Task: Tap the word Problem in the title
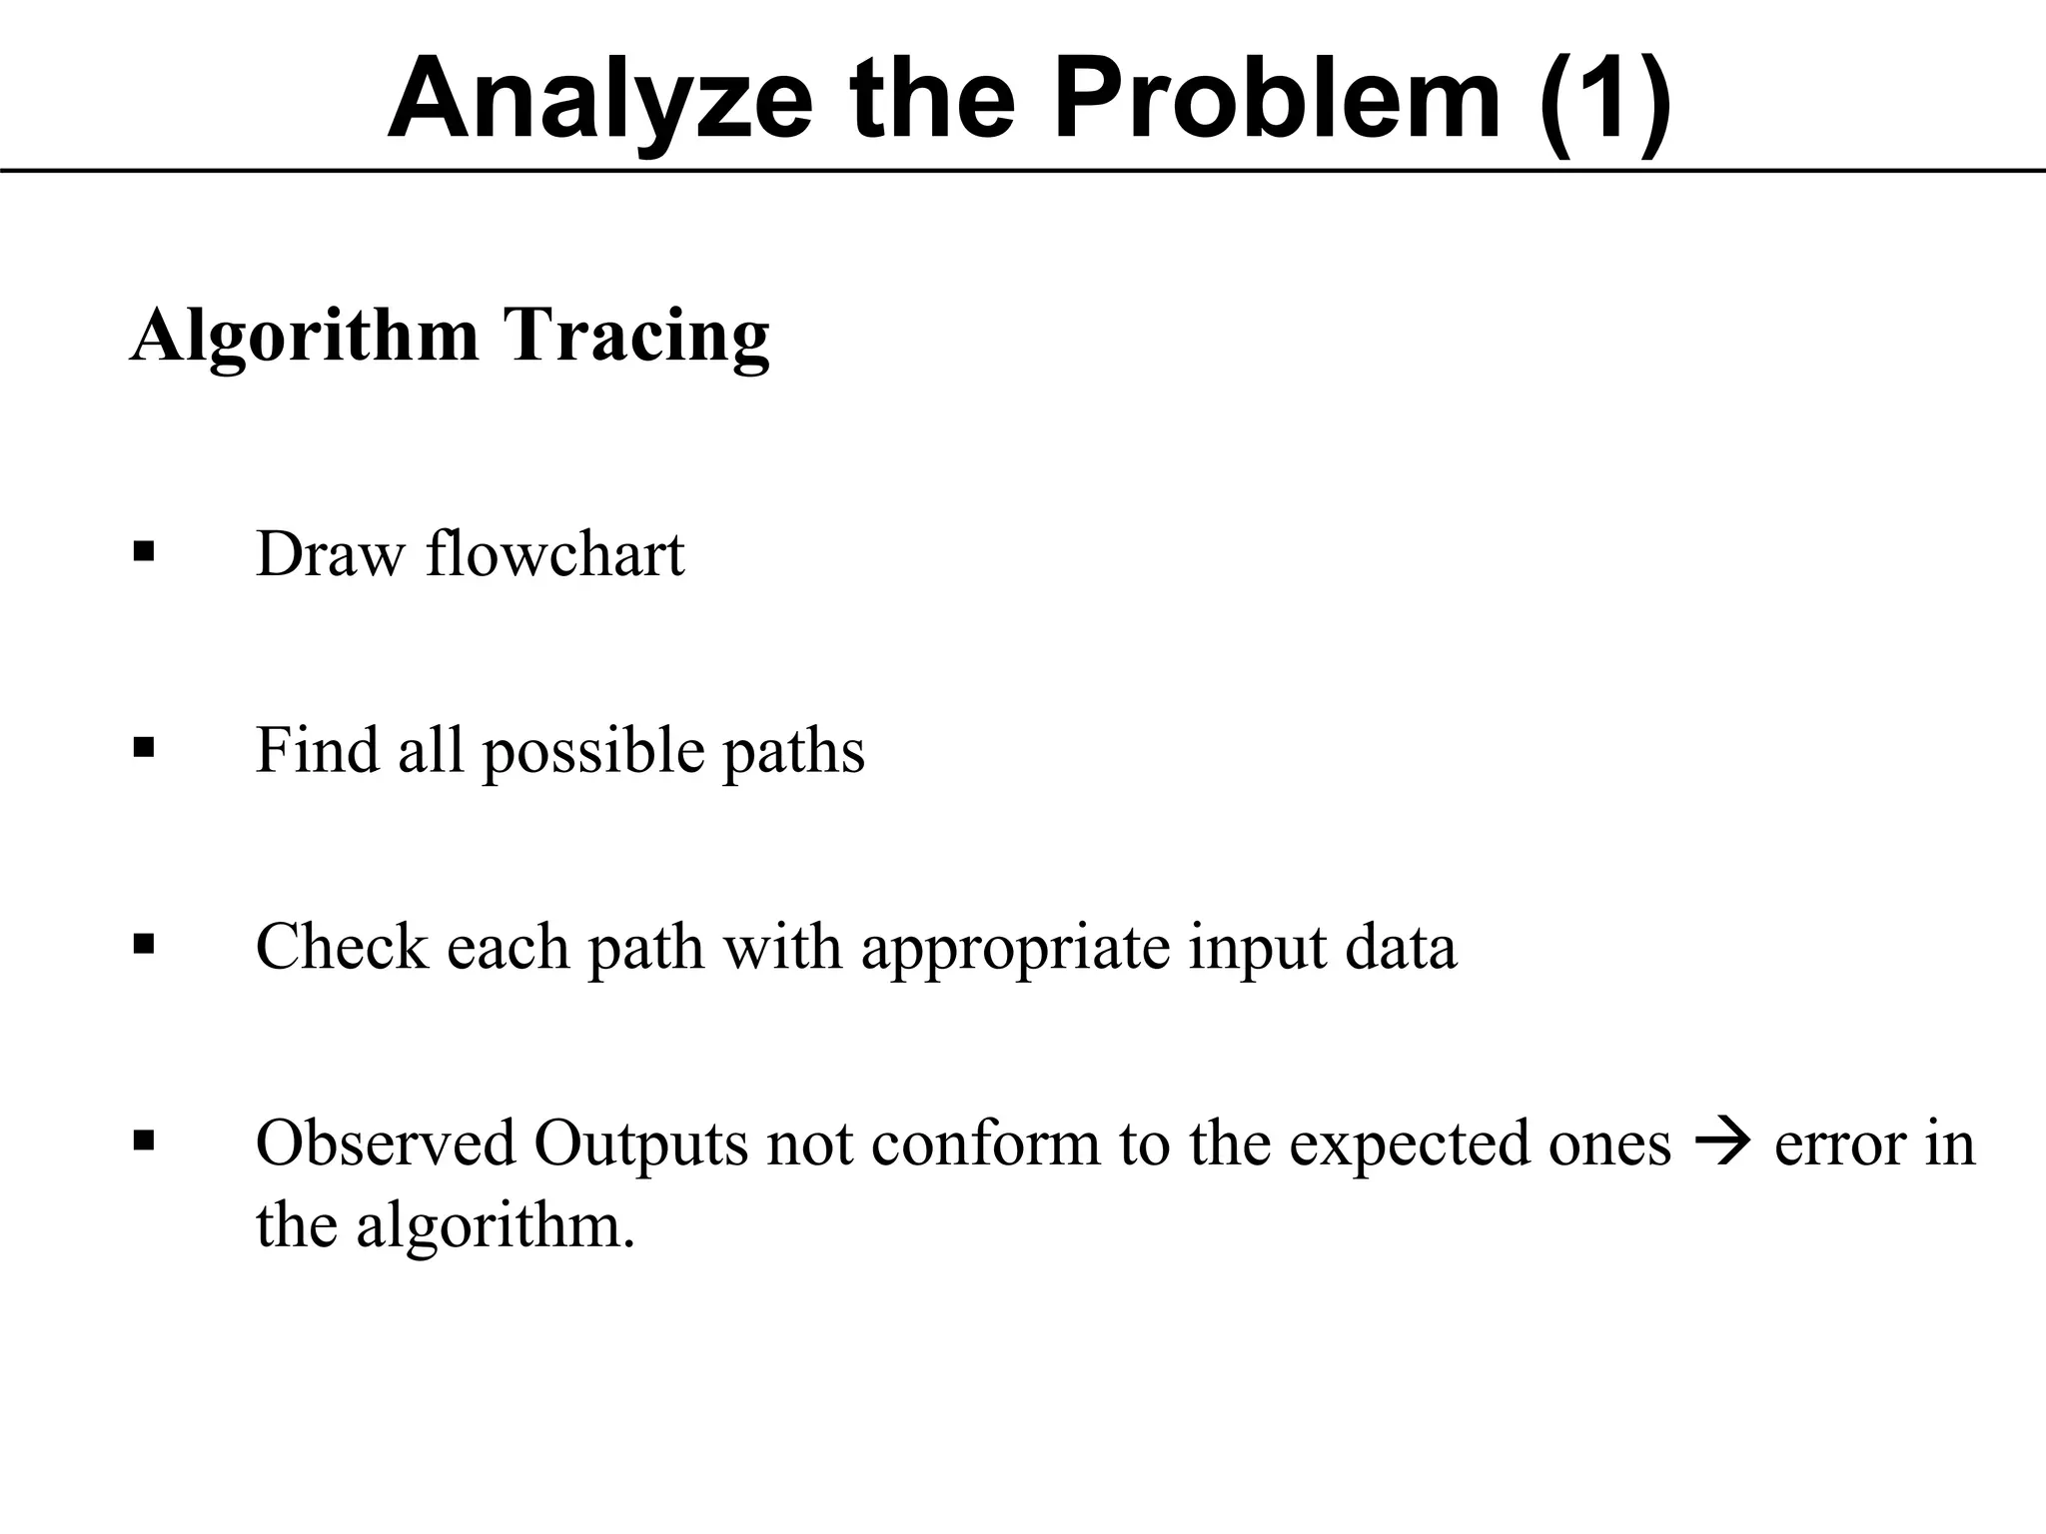coord(1278,100)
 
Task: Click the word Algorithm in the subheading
coord(305,336)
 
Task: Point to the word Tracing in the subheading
coord(636,336)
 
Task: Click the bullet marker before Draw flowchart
coord(144,551)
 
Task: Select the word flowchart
coord(555,553)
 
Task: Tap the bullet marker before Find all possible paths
coord(144,747)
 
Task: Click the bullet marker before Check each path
coord(144,944)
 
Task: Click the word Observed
coord(386,1143)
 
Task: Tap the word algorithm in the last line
coord(496,1225)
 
